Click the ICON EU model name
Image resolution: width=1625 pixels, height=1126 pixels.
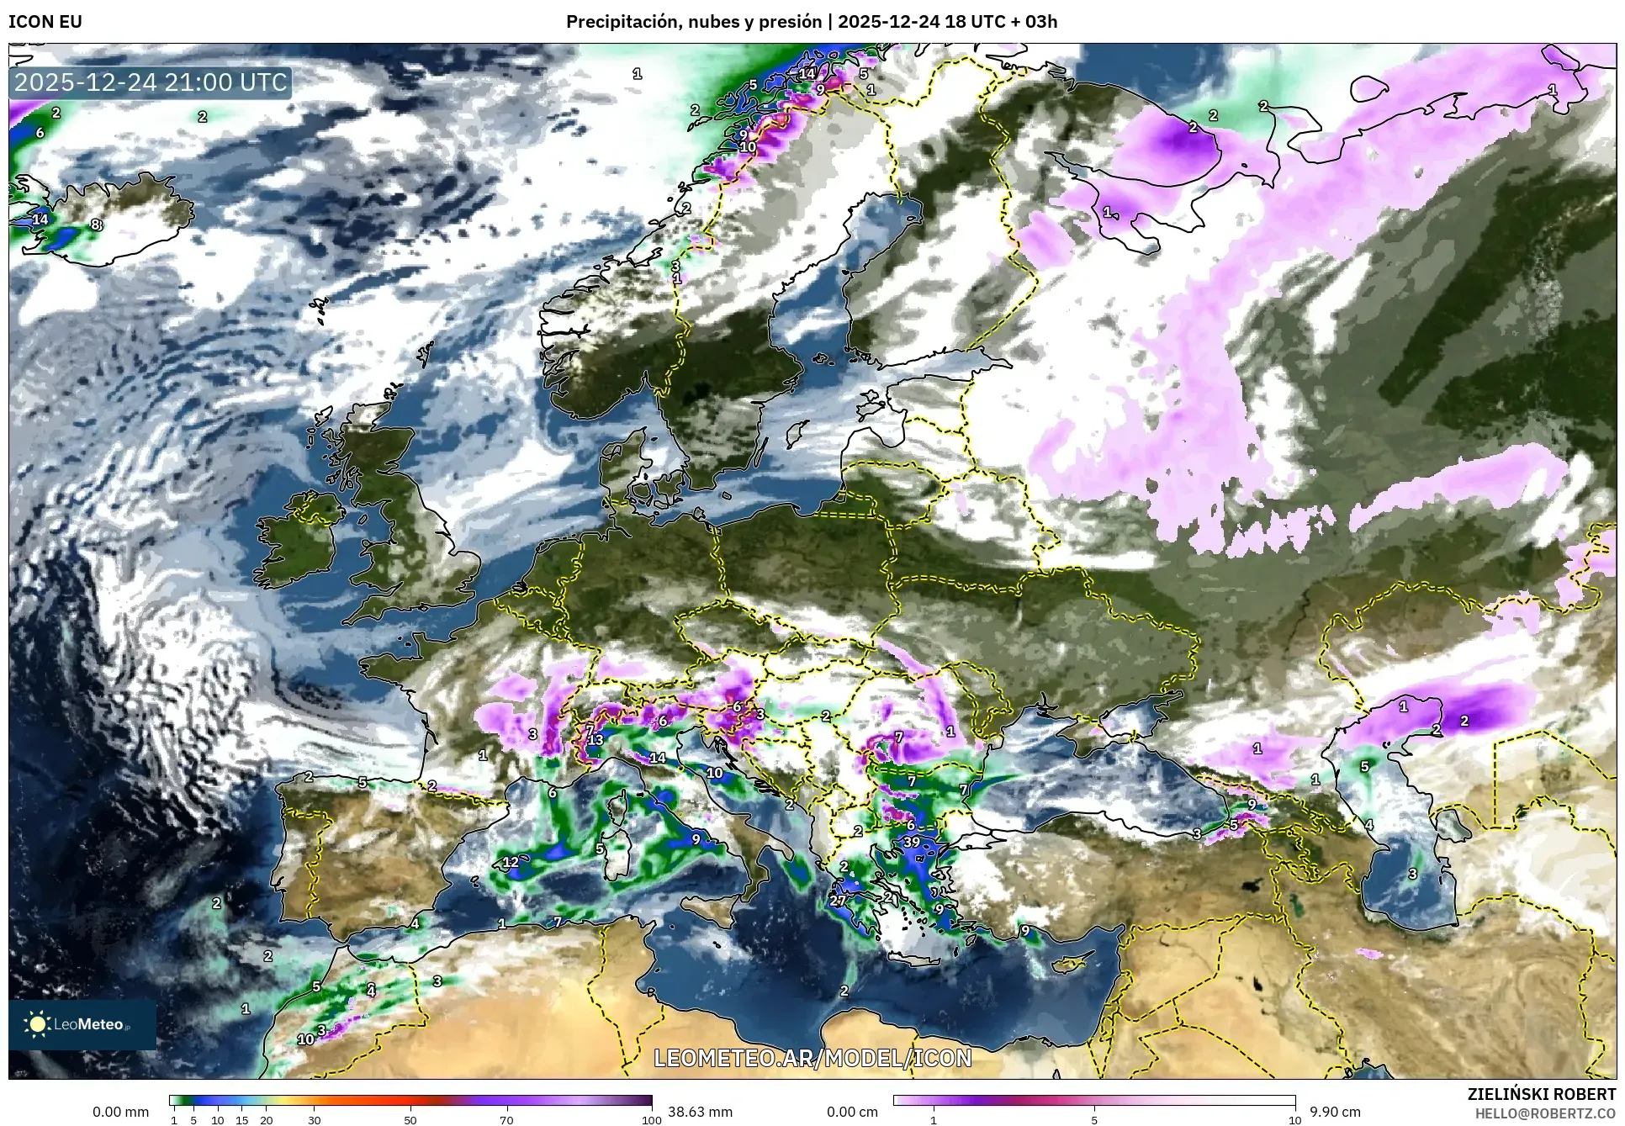coord(45,22)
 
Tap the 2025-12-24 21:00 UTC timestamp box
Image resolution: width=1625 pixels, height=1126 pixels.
coord(151,82)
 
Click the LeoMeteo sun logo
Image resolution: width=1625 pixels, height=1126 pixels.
coord(38,1024)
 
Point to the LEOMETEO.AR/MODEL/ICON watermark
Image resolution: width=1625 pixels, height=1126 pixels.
coord(812,1058)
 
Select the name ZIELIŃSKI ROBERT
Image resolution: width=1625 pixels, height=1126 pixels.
coord(1542,1094)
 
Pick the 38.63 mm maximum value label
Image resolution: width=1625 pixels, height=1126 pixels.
coord(700,1112)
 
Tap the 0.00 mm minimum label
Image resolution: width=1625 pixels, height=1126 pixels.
coord(120,1112)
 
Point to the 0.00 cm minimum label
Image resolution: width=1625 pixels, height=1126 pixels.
coord(852,1112)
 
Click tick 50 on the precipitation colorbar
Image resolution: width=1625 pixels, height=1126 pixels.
coord(410,1120)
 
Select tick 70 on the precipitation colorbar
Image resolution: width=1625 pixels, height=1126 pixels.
coord(506,1120)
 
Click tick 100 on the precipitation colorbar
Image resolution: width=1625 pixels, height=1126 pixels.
coord(651,1120)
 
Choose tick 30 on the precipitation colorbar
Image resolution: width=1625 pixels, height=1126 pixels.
coord(314,1120)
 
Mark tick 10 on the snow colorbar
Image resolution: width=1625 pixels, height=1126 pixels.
coord(1294,1120)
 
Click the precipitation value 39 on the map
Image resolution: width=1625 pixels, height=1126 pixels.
coord(912,842)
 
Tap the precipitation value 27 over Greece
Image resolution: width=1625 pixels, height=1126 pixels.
coord(838,900)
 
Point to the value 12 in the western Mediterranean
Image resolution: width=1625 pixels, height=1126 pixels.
coord(511,862)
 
